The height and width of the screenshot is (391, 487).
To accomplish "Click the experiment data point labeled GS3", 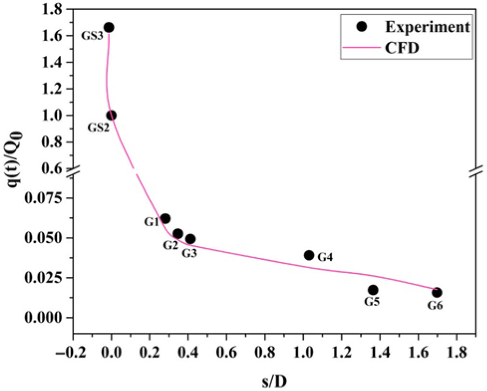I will click(x=109, y=27).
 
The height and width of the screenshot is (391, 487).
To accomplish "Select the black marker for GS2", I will click(x=111, y=116).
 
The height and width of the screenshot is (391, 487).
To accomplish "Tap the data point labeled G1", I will click(x=165, y=219).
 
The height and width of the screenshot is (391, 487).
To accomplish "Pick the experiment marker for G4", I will click(x=309, y=255).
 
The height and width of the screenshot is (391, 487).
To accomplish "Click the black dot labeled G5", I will click(x=373, y=290).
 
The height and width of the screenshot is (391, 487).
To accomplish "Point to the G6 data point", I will click(x=437, y=292).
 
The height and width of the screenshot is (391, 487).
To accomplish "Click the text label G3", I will click(x=189, y=252).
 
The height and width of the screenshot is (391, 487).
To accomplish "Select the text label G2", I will click(x=170, y=246).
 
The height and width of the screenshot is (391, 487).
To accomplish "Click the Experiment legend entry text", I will click(x=427, y=27).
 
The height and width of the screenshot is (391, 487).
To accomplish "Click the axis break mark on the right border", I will click(x=476, y=172).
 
